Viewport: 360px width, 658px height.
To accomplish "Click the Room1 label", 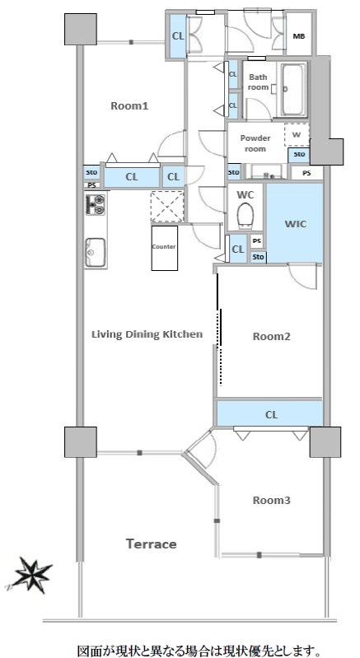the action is (129, 105).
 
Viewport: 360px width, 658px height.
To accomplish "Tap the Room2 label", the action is (272, 337).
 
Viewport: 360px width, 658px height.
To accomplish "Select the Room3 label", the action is (272, 500).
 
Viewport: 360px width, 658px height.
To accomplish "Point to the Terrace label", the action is (152, 544).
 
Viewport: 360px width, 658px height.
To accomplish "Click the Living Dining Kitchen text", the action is (147, 334).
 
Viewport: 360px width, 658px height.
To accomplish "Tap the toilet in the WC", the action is (245, 215).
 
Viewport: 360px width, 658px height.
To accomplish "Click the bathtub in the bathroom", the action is (292, 90).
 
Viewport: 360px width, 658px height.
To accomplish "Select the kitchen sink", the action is (96, 253).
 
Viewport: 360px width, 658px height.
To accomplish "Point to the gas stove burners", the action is (96, 204).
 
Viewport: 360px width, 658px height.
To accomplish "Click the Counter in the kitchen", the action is (165, 248).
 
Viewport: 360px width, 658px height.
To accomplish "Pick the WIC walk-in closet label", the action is (296, 224).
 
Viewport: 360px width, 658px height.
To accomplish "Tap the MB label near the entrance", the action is (299, 36).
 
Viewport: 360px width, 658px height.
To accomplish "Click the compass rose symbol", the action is (31, 576).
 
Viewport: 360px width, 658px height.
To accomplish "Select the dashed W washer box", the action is (297, 135).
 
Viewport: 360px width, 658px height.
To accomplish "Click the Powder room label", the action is (255, 143).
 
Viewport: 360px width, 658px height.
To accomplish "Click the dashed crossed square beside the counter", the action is (167, 207).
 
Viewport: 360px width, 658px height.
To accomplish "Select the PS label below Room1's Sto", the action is (91, 185).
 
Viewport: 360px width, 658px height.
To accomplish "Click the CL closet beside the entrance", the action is (178, 36).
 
